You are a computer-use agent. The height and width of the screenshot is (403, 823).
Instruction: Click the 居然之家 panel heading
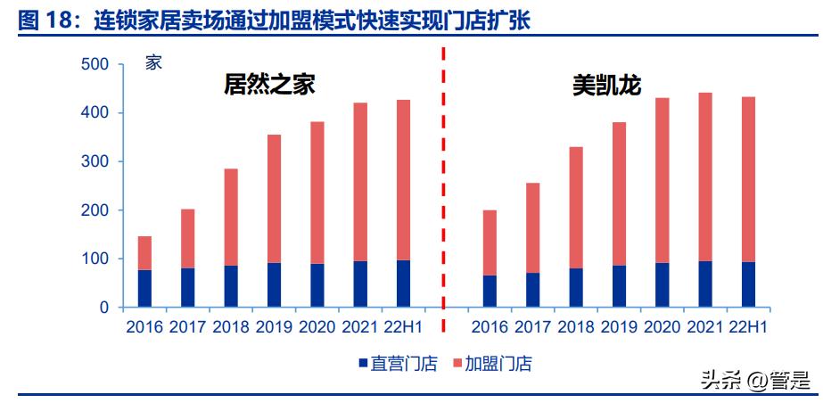(x=269, y=85)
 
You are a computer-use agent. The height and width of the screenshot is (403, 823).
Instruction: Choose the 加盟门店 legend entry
(x=493, y=364)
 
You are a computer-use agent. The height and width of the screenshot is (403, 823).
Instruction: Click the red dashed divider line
(x=443, y=178)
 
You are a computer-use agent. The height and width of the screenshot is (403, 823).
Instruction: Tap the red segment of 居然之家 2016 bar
(x=144, y=253)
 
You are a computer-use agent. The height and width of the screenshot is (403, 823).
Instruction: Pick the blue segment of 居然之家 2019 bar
(x=274, y=284)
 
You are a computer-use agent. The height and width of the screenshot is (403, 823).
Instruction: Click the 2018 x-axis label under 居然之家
(x=231, y=328)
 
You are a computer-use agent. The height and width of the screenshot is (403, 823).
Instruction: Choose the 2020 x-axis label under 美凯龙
(x=662, y=328)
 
